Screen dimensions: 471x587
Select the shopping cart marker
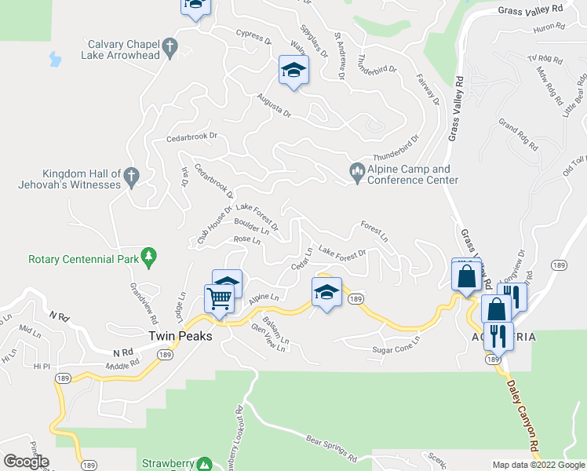click(219, 298)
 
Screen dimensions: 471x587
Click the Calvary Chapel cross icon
click(169, 49)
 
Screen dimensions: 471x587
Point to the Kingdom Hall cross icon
click(132, 177)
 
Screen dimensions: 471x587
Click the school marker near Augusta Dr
click(293, 71)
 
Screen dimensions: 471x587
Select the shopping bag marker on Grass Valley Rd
click(466, 276)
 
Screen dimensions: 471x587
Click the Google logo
click(26, 461)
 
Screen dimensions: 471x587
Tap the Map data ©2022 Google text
click(539, 465)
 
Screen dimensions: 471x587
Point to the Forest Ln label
click(374, 231)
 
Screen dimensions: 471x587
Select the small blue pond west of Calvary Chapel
click(54, 59)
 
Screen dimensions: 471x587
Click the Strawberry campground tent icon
click(204, 463)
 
